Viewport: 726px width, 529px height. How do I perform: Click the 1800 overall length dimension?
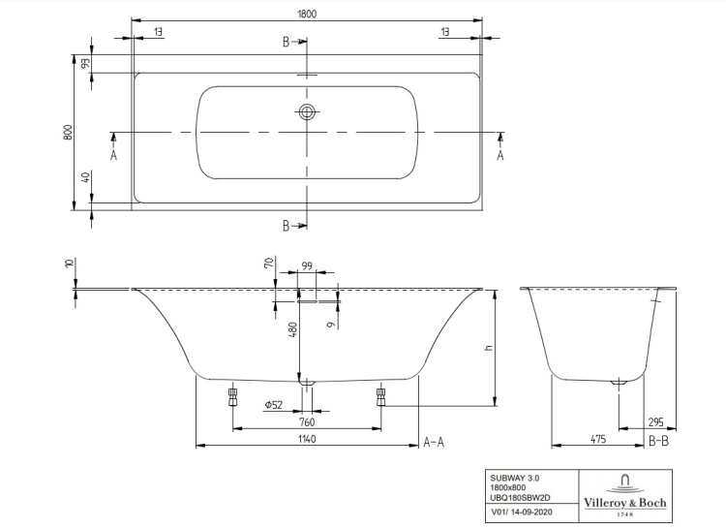click(307, 14)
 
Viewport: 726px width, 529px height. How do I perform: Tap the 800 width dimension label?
click(68, 133)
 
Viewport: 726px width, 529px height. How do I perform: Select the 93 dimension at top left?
click(85, 63)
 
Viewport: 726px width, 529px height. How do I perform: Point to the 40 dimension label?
click(85, 177)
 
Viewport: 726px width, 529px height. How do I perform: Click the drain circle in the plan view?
click(307, 111)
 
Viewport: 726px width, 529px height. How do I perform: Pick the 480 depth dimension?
click(292, 329)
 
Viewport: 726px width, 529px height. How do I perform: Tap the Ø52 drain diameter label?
click(274, 405)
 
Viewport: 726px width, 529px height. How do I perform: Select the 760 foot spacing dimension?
click(307, 422)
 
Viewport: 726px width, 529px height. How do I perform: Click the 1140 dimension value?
click(307, 439)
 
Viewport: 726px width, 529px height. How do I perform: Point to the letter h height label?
click(489, 348)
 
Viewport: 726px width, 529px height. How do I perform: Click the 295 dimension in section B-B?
click(655, 422)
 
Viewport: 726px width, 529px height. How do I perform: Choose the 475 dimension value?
click(598, 439)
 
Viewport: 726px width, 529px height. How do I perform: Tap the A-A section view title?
click(434, 443)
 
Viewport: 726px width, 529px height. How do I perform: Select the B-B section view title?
click(659, 441)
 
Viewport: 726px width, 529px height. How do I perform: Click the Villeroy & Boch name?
click(625, 503)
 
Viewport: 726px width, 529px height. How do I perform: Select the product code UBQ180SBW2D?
click(521, 497)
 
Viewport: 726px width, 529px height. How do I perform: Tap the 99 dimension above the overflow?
click(307, 265)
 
